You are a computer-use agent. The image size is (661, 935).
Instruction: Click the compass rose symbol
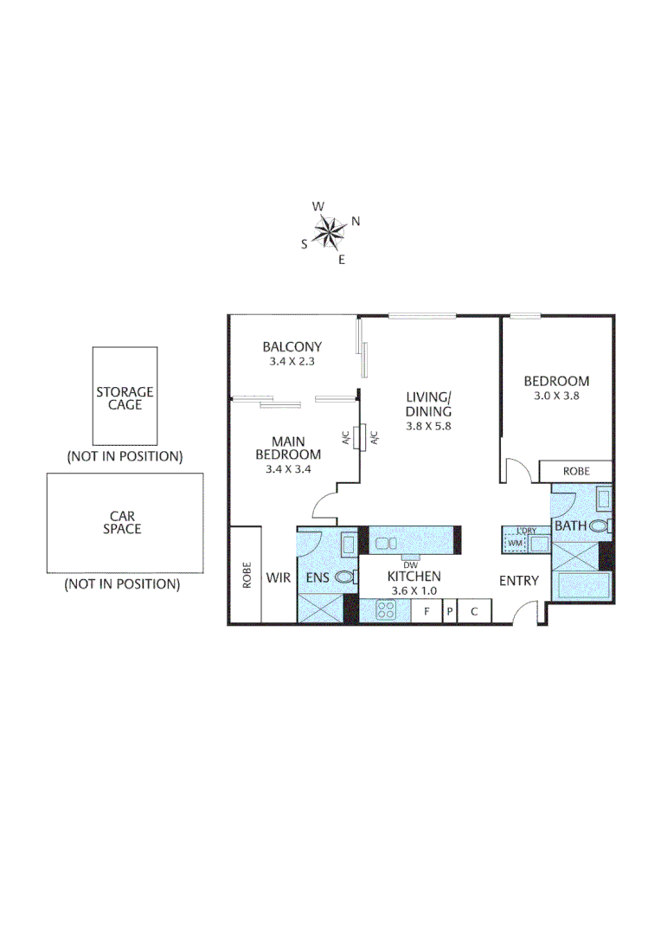[x=330, y=231]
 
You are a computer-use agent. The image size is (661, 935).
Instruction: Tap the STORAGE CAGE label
[x=125, y=398]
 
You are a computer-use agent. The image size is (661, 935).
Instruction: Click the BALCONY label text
[x=292, y=346]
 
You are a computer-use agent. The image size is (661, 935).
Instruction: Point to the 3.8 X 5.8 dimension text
[x=429, y=426]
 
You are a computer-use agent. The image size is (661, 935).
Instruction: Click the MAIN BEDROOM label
[x=287, y=448]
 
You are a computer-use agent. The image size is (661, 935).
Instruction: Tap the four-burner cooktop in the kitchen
[x=385, y=610]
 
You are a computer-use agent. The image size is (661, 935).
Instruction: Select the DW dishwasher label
[x=410, y=565]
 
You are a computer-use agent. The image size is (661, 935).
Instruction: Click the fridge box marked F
[x=426, y=611]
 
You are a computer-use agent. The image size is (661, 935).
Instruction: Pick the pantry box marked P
[x=449, y=611]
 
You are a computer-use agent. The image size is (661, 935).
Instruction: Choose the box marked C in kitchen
[x=474, y=611]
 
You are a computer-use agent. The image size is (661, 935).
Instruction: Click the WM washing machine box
[x=515, y=543]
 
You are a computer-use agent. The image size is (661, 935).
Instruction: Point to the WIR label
[x=278, y=577]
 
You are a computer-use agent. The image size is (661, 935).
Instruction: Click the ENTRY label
[x=518, y=581]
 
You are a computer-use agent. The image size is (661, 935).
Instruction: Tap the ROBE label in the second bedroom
[x=576, y=472]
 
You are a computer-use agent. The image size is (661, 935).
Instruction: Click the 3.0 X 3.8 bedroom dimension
[x=556, y=396]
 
